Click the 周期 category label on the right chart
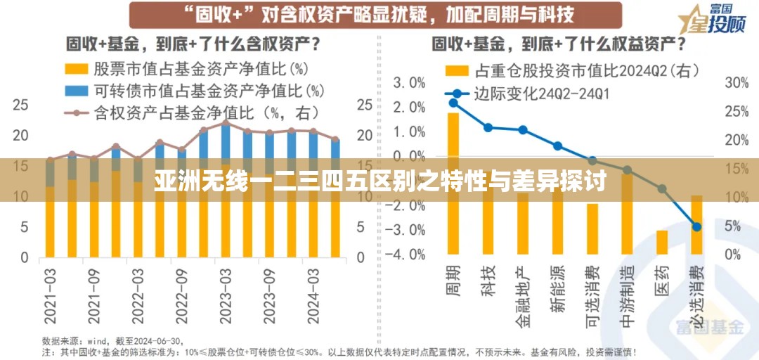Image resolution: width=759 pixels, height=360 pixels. pos(452,279)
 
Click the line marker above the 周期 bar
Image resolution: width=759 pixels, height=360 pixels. pos(453,103)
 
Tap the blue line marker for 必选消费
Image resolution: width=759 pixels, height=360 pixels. pos(696,226)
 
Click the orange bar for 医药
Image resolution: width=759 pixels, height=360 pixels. pos(662,242)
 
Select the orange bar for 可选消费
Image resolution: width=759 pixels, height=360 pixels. pos(592,229)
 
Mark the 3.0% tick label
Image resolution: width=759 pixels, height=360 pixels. pos(408,83)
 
